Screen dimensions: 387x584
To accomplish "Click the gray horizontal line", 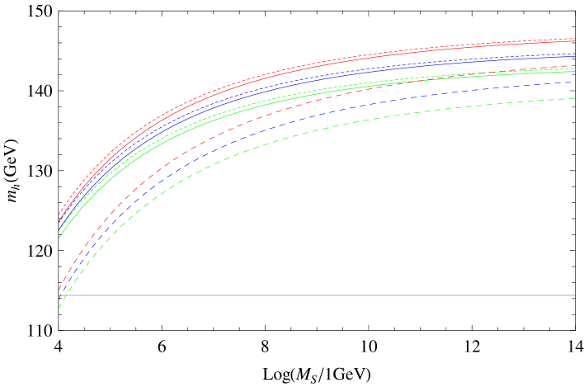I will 330,295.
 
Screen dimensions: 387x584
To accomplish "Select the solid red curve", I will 330,59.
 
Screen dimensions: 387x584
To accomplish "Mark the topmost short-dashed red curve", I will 330,57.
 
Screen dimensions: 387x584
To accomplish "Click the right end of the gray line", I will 574,295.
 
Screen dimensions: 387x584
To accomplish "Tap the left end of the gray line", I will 59,295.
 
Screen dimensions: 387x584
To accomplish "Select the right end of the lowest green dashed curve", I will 575,98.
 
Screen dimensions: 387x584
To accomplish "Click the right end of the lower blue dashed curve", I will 575,83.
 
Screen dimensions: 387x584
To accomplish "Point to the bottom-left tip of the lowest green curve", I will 59,308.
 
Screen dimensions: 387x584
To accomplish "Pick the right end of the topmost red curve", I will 575,38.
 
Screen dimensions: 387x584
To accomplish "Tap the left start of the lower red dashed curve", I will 59,290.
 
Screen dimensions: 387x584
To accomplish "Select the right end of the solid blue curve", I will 575,56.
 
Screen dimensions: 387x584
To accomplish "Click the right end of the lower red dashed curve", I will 575,66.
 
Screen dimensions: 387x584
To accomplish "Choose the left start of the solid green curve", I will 59,237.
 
